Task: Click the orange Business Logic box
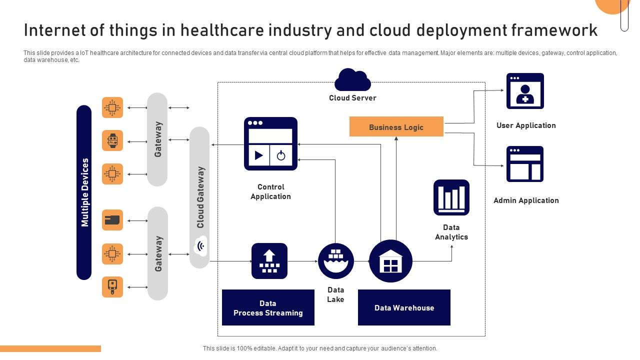396,126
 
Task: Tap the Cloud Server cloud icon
352,80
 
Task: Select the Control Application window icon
270,143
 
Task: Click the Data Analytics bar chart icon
451,197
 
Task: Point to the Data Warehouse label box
404,307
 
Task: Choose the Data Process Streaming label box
268,307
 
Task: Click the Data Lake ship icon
336,261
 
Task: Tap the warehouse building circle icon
390,261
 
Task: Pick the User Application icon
525,91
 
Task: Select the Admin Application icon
525,164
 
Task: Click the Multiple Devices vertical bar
84,192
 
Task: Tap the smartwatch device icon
112,140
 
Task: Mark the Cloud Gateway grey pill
199,197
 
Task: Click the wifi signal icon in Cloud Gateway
200,246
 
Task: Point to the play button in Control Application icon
258,155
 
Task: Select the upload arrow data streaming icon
269,261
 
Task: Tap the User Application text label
526,125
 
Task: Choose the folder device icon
112,220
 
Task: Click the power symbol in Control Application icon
281,155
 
